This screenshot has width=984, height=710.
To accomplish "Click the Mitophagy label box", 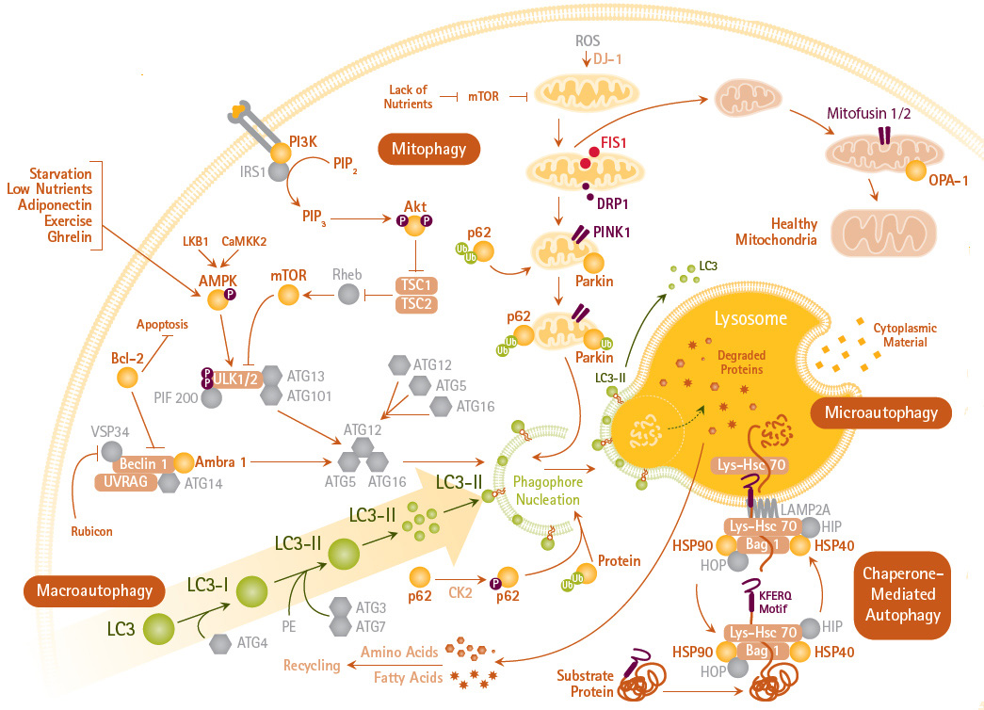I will tap(428, 148).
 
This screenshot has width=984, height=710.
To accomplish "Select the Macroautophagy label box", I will tap(93, 590).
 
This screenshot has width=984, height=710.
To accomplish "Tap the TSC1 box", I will tap(415, 283).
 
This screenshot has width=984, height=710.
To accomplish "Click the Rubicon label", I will tap(91, 531).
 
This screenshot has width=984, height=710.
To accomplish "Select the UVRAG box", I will tap(124, 481).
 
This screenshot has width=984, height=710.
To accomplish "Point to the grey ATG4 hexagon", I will tap(220, 643).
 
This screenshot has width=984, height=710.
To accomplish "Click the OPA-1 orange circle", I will tap(915, 171).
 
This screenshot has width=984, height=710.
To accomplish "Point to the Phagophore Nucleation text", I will tap(547, 490).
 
